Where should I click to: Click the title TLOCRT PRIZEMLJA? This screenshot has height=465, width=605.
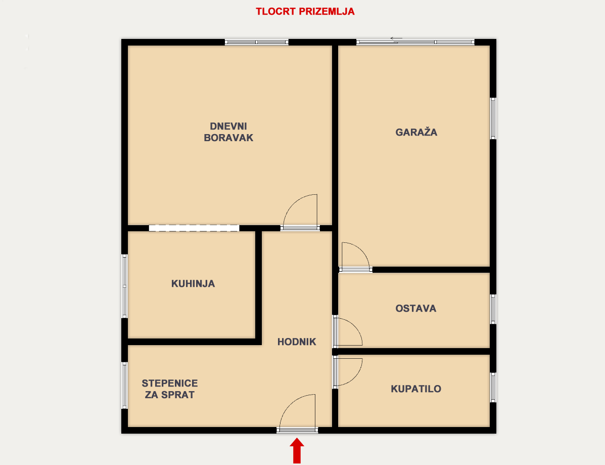(x=305, y=11)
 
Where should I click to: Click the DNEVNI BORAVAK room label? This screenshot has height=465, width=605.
(x=228, y=132)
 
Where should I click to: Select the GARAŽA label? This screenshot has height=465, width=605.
(x=416, y=132)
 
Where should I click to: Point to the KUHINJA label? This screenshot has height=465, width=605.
(x=193, y=283)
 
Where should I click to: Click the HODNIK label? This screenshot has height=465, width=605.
(x=297, y=342)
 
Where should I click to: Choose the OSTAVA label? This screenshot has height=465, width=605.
(x=416, y=308)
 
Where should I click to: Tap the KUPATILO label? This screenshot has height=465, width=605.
(x=416, y=389)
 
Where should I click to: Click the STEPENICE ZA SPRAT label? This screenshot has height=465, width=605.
(x=170, y=389)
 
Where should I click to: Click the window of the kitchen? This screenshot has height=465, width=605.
(x=124, y=286)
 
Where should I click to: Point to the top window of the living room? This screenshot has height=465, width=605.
(x=257, y=42)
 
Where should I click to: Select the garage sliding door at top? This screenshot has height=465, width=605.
(x=415, y=42)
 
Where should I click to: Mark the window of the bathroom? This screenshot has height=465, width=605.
(x=493, y=388)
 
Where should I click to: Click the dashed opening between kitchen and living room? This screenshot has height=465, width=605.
(x=194, y=228)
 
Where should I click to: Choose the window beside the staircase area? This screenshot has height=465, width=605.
(x=124, y=385)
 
